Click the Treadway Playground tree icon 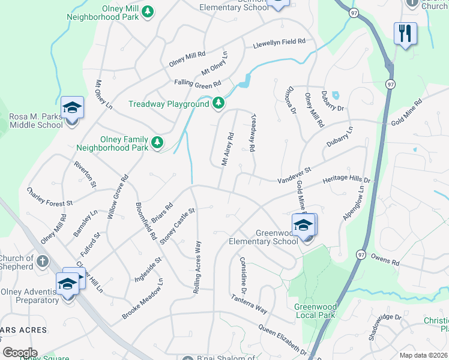tap(218, 104)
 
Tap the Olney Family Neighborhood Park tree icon tap(157, 143)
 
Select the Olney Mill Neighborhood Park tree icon tap(148, 11)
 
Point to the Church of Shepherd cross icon tap(42, 262)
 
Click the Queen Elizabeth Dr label tap(283, 340)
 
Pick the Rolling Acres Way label tap(196, 267)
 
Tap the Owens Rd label tap(385, 262)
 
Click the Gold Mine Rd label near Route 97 tap(406, 112)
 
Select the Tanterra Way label tap(249, 303)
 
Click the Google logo tap(19, 353)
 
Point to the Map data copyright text tap(423, 355)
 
